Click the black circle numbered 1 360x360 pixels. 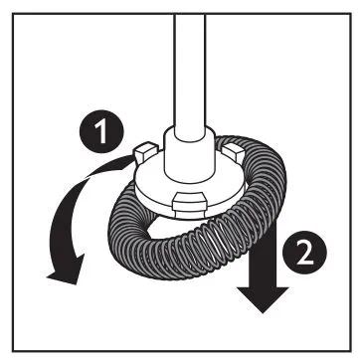(x=101, y=131)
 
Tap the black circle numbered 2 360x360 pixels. (x=304, y=253)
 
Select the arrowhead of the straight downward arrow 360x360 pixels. (x=263, y=298)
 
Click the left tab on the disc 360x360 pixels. (x=145, y=151)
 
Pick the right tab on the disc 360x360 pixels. (x=235, y=151)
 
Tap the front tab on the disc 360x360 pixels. (x=190, y=205)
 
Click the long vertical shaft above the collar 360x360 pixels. (x=190, y=73)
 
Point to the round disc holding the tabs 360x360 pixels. (x=190, y=189)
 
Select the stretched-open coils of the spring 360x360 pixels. (x=212, y=246)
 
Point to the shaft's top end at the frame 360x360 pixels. (x=190, y=15)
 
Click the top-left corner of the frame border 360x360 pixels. (x=13, y=14)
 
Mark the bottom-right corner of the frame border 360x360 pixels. (x=351, y=351)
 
